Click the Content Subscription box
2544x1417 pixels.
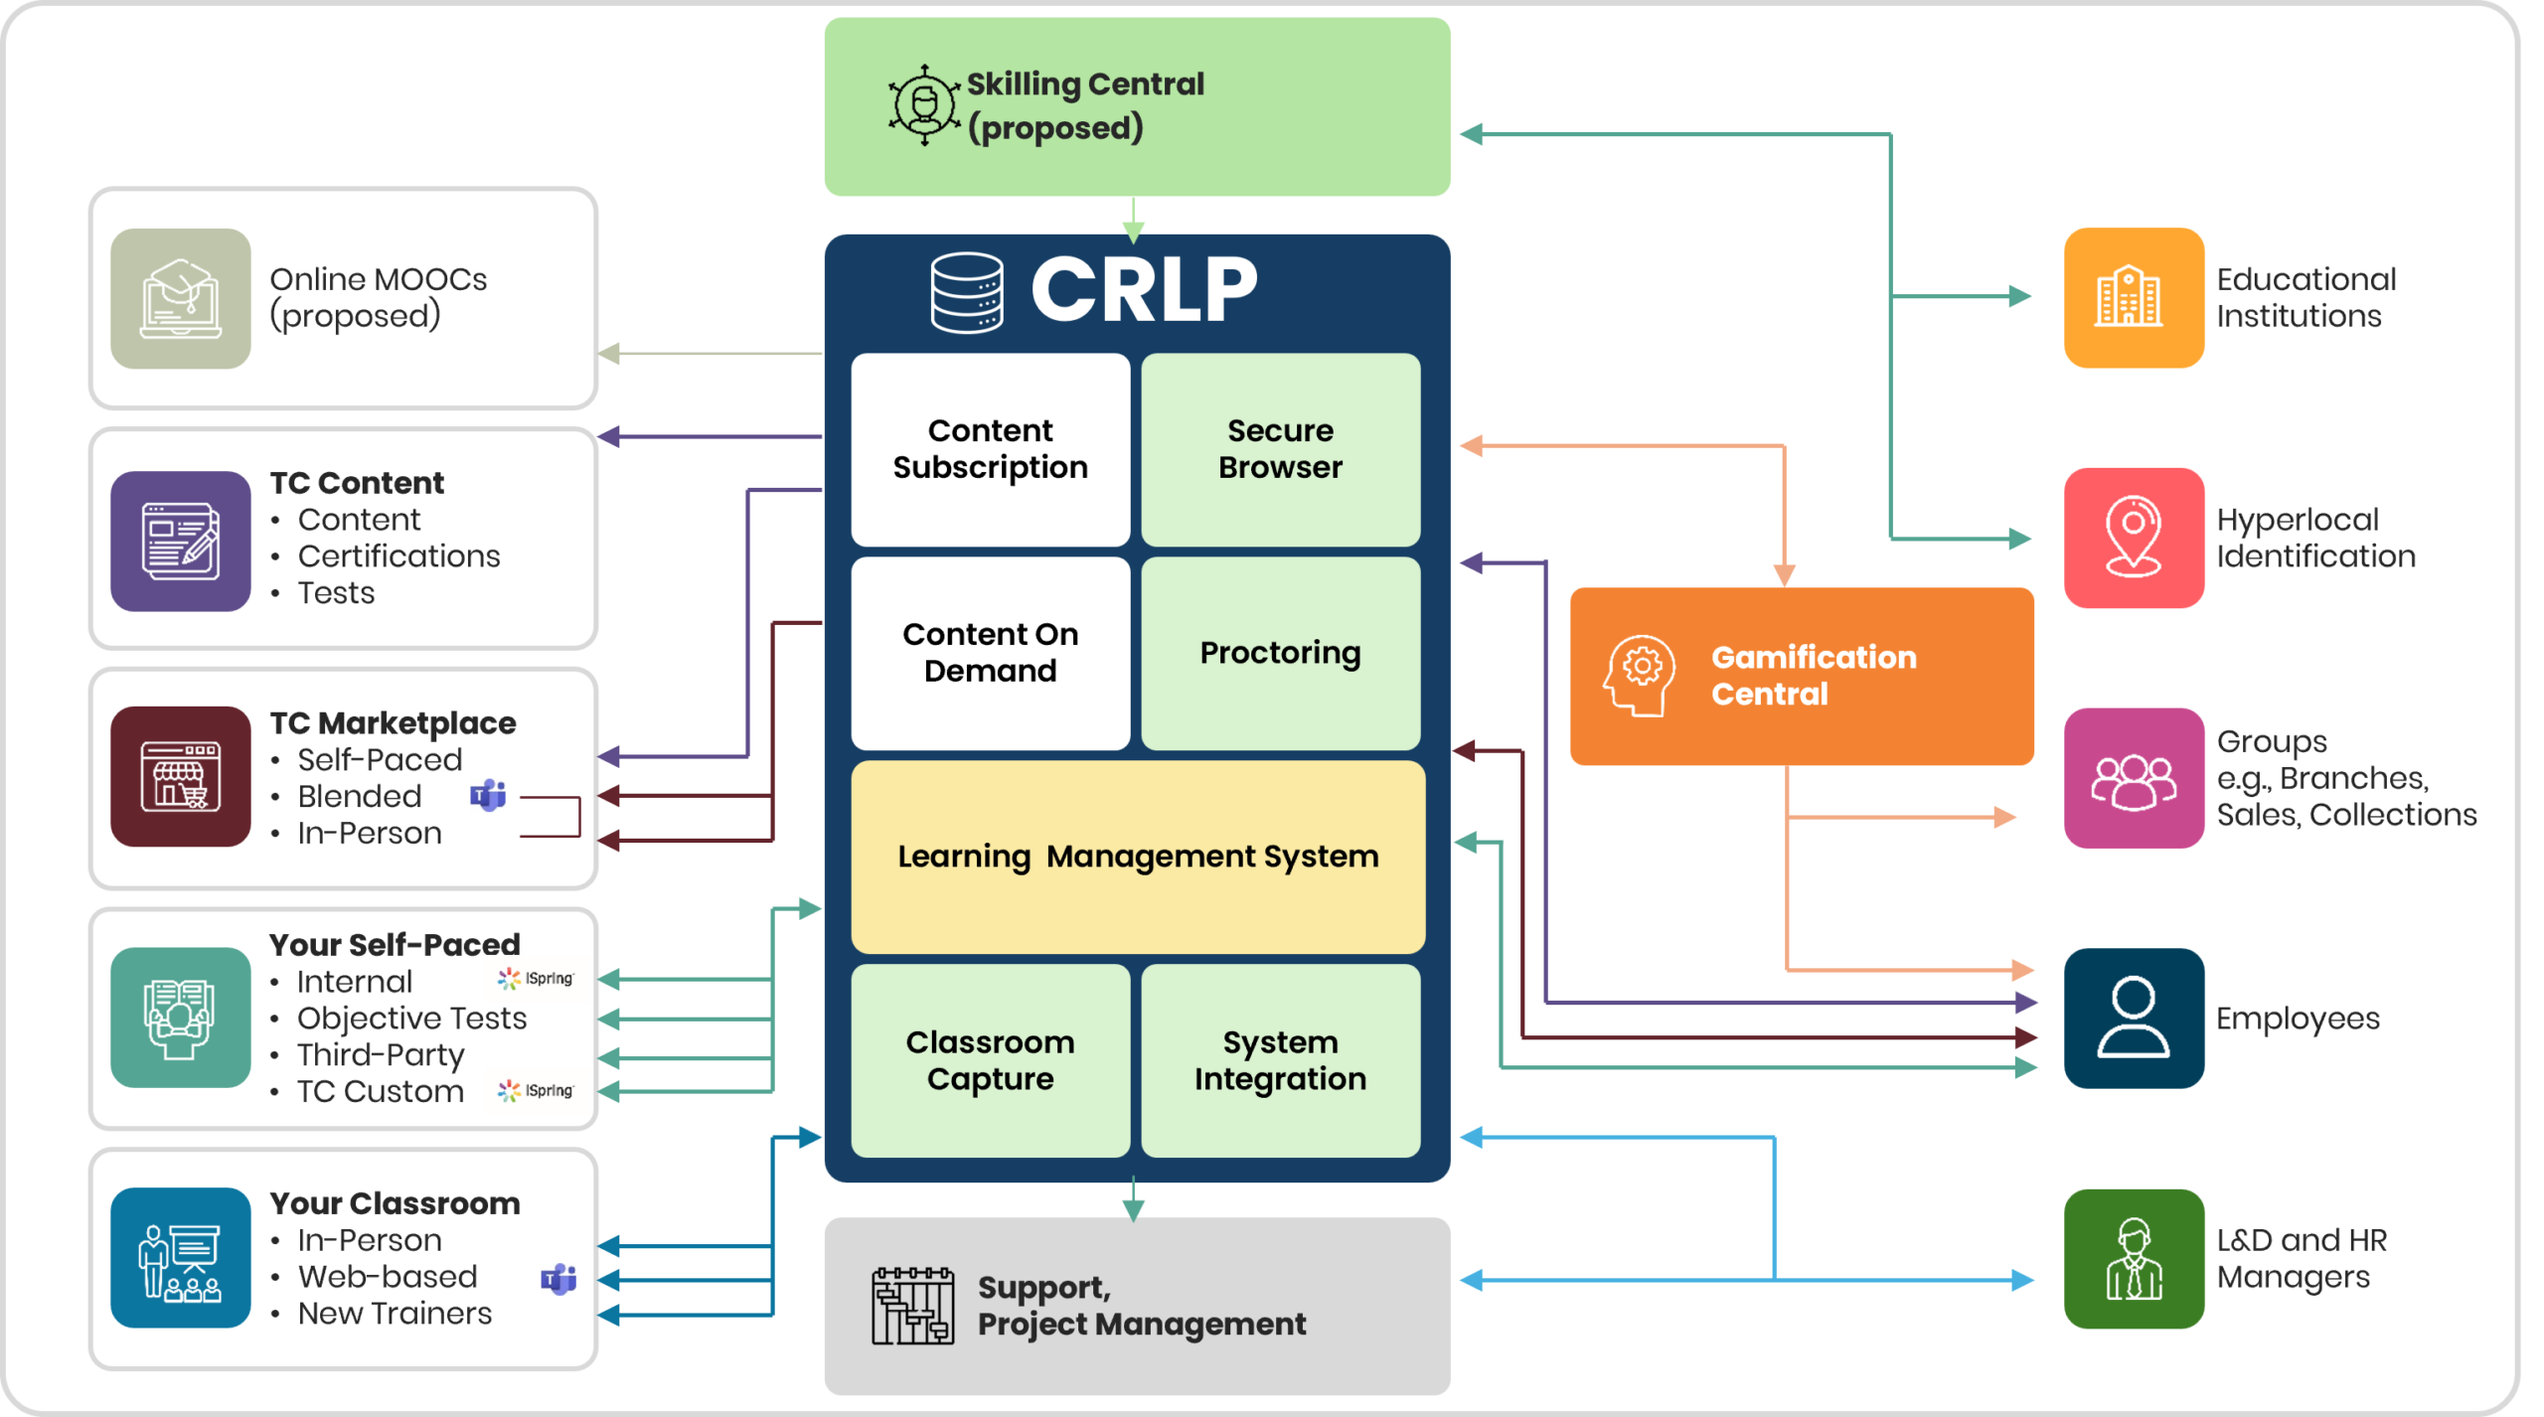pos(990,449)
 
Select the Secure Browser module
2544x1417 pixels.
pos(1280,449)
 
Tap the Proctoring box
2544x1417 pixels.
pos(1280,653)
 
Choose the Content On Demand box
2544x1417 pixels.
pos(990,653)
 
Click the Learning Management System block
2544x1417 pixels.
pos(1138,857)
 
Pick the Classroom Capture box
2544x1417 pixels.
pos(990,1060)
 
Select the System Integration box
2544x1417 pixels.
pos(1280,1060)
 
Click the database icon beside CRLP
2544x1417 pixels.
pos(966,292)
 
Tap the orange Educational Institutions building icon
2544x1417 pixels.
pos(2134,297)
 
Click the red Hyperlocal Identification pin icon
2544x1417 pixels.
pos(2134,538)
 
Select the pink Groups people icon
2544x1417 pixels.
pos(2134,778)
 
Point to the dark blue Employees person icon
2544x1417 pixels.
pos(2134,1018)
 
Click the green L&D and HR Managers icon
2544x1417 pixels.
pos(2134,1258)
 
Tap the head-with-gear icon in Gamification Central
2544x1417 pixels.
pos(1639,676)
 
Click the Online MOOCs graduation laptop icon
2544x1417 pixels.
pos(181,298)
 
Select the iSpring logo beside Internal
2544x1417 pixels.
pos(537,979)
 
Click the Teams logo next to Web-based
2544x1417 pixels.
pos(557,1279)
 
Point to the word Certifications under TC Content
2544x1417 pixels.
pos(398,556)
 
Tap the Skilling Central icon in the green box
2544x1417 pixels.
pos(924,104)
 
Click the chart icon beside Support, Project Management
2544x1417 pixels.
pos(912,1306)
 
